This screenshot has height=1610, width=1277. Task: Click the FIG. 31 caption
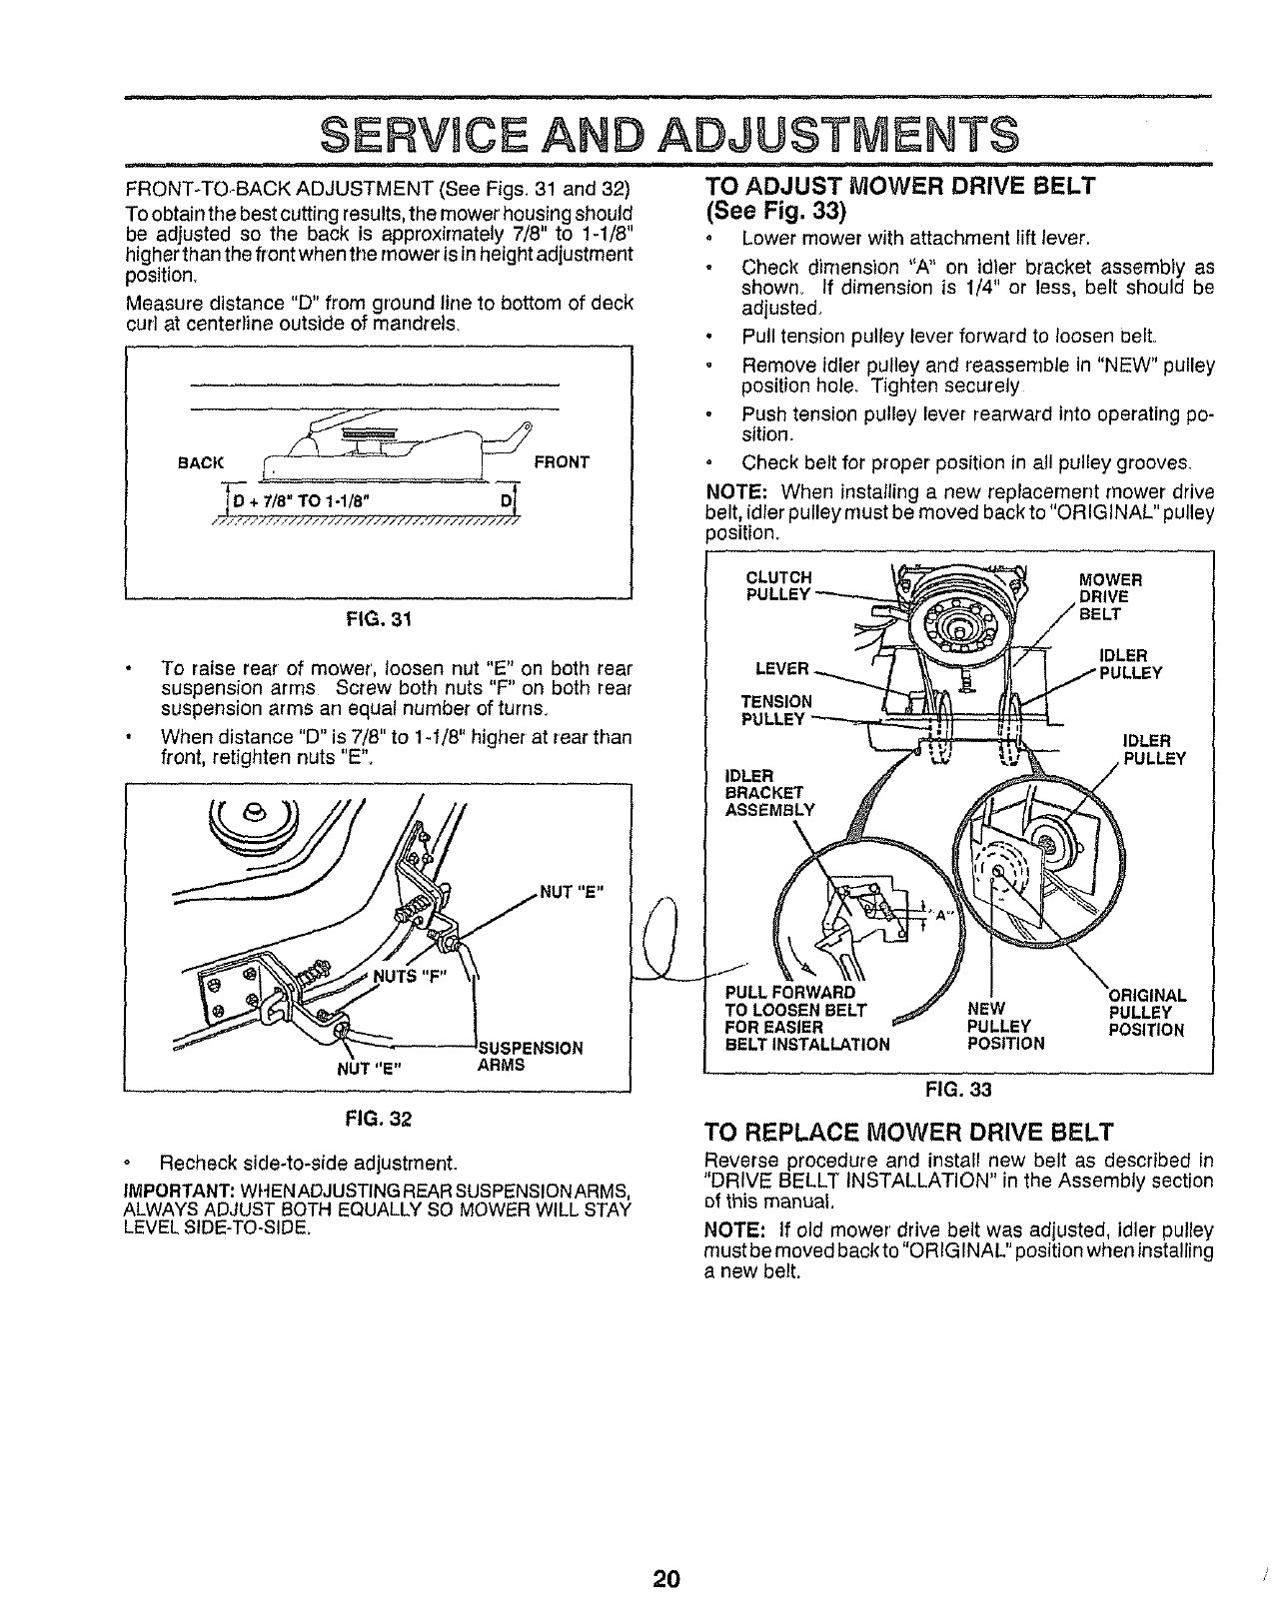pos(379,619)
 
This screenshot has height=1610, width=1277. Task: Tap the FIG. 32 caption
pos(379,1117)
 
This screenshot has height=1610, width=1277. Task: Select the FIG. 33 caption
pos(956,1088)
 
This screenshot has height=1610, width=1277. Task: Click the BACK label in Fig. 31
pos(203,463)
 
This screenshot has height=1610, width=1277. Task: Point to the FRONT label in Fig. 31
pos(562,462)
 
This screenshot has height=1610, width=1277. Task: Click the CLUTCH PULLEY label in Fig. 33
pos(779,586)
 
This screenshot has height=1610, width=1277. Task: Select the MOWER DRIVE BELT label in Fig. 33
pos(1112,596)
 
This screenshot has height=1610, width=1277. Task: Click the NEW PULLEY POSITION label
pos(1006,1026)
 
